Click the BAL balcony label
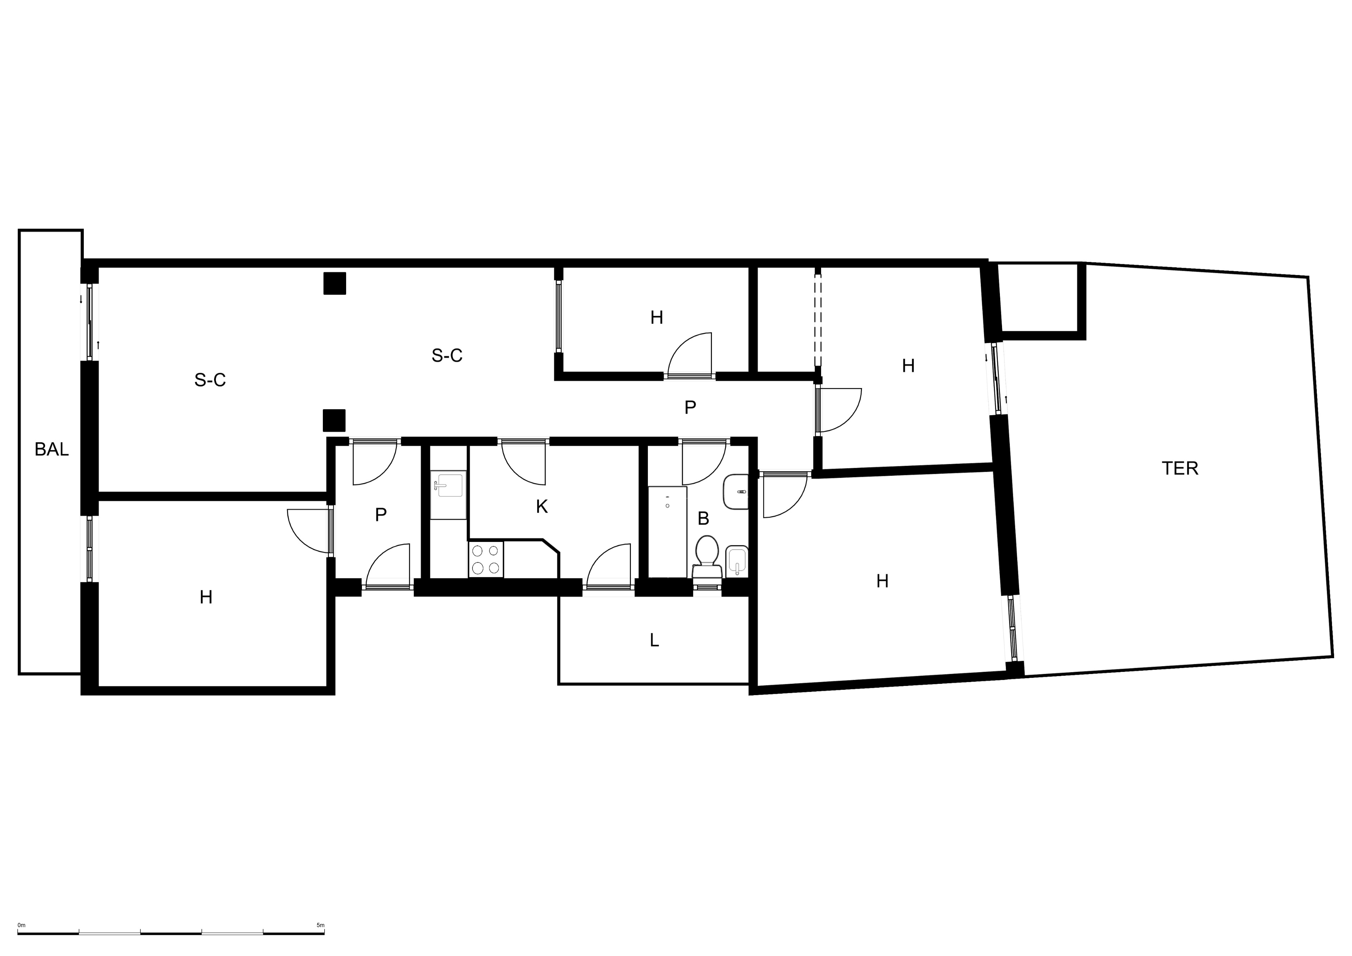[51, 449]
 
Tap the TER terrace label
[1180, 468]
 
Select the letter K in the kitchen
[542, 507]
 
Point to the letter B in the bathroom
[703, 518]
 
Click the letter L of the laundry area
[654, 640]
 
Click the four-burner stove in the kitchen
[486, 559]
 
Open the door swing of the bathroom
[704, 464]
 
